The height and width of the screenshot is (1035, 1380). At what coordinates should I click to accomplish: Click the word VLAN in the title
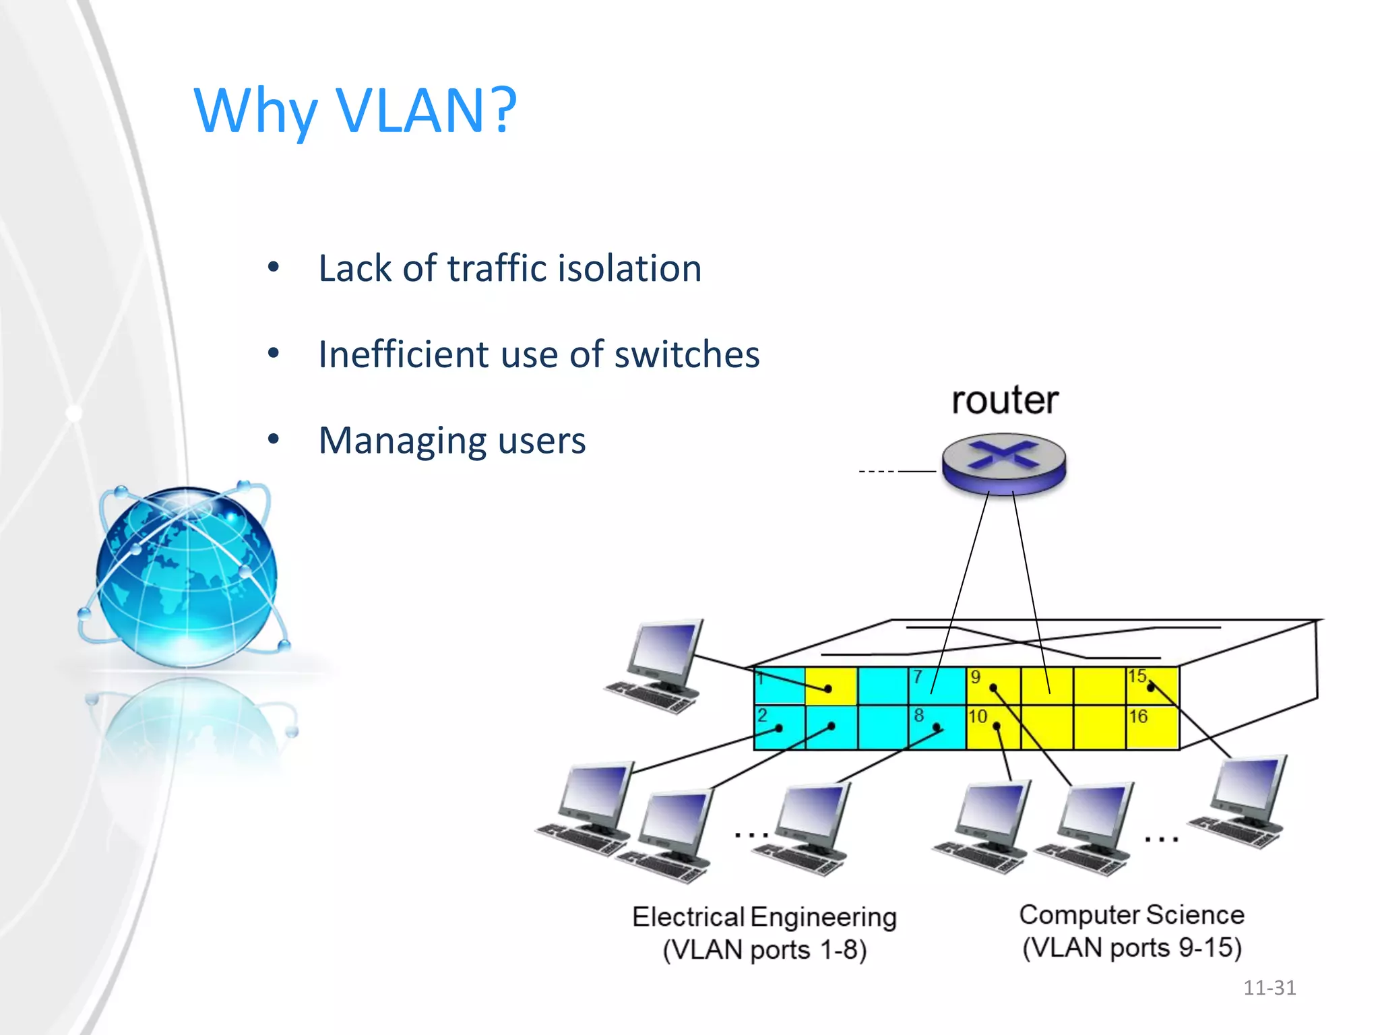coord(410,111)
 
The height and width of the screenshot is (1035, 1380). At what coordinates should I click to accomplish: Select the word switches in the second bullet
coord(687,354)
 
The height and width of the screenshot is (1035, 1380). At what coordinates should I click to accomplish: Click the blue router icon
coord(1004,464)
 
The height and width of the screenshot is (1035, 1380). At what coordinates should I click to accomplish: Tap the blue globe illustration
coord(186,576)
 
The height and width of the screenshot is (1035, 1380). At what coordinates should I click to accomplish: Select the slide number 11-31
coord(1269,988)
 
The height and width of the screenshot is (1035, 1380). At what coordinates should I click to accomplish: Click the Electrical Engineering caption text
coord(764,917)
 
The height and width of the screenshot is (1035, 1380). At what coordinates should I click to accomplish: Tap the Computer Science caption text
coord(1131,915)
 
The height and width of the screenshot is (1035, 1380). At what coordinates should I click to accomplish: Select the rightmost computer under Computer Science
coord(1241,801)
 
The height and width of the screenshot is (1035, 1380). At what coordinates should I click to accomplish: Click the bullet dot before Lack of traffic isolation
coord(273,268)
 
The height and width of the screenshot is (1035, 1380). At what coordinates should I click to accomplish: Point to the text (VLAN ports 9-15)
coord(1131,948)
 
